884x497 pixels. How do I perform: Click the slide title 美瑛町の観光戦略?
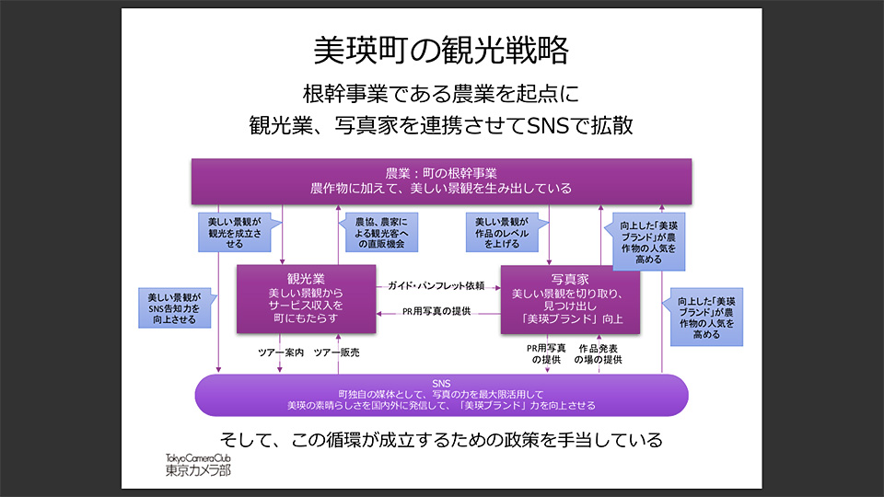(x=441, y=50)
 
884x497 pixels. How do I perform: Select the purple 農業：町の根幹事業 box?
(x=441, y=180)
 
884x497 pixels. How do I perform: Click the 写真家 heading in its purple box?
(x=570, y=276)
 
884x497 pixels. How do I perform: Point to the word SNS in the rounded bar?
(x=441, y=382)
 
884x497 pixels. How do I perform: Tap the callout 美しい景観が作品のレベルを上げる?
(x=501, y=234)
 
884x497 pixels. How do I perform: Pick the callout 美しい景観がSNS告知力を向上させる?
(x=175, y=309)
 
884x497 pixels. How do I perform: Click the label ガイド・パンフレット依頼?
(x=436, y=285)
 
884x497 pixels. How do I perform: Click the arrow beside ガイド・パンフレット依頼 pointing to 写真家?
(x=493, y=285)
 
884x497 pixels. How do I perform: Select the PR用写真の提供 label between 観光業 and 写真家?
(x=436, y=312)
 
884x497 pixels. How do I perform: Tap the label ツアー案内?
(x=280, y=353)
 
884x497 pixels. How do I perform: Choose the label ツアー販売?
(x=337, y=353)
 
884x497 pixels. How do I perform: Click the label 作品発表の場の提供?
(x=599, y=354)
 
